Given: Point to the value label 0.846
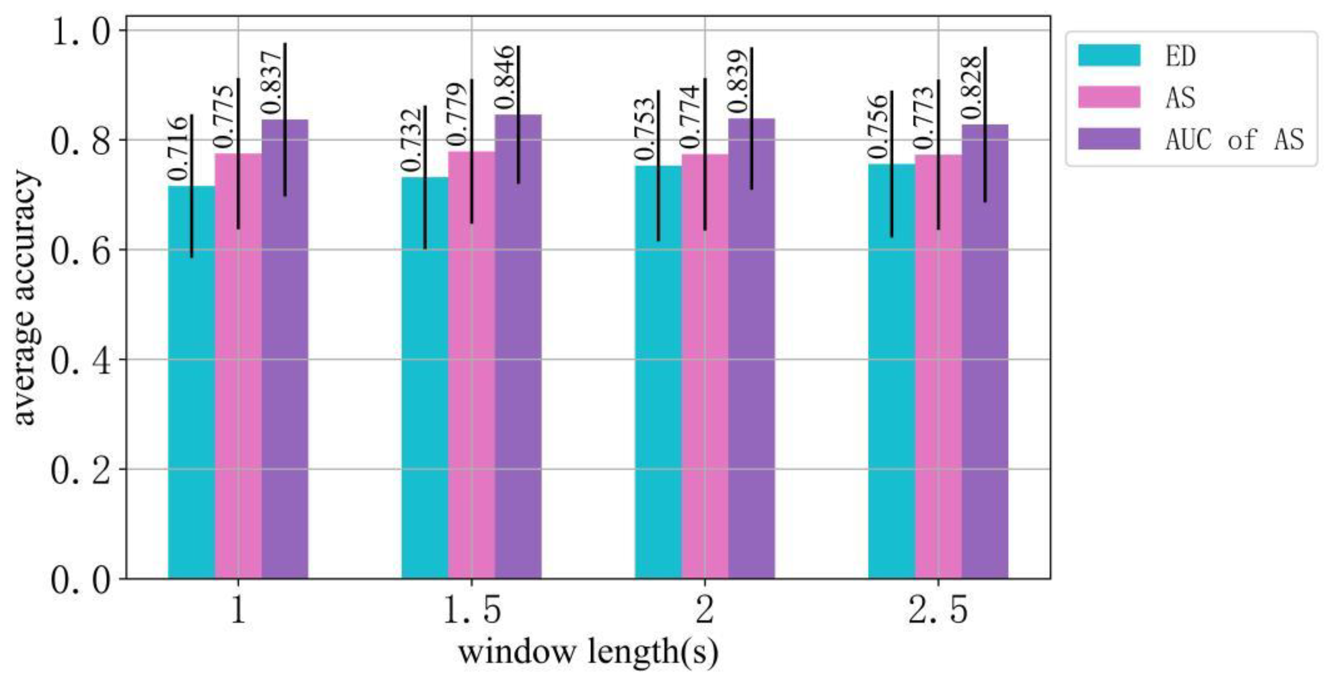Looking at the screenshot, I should [x=505, y=78].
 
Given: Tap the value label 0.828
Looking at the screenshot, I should [x=972, y=87].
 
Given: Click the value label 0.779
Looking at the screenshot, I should [x=458, y=114].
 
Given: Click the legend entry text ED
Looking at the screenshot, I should [x=1180, y=55].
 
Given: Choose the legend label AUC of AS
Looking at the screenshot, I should [x=1234, y=139].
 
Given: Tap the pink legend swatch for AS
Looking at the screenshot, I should [x=1109, y=97].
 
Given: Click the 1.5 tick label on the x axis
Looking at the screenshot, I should [x=471, y=611].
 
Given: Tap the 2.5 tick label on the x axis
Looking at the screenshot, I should [x=938, y=611].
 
